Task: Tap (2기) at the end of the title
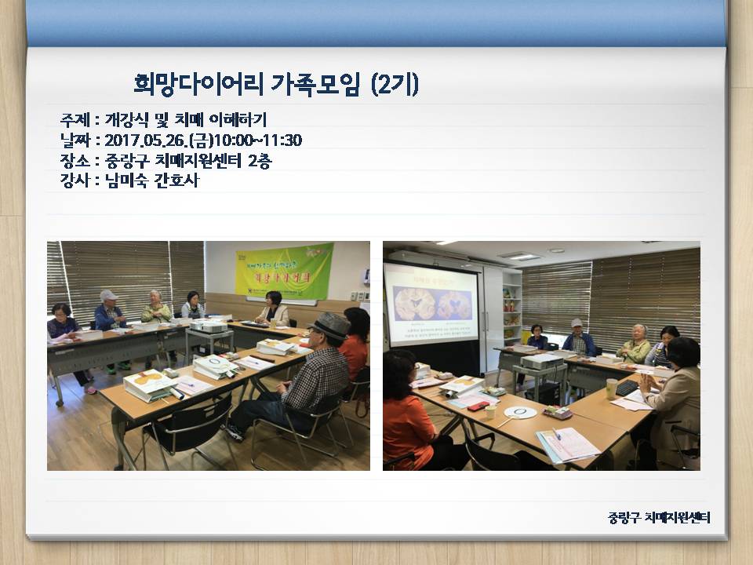pos(394,84)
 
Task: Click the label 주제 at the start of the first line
pos(73,120)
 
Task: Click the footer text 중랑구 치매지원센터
pos(659,517)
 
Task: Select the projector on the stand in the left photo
pos(209,326)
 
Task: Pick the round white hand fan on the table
pos(520,412)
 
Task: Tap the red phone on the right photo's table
pos(478,406)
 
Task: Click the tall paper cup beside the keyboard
pos(611,388)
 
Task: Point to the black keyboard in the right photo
pos(627,387)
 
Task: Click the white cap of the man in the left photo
pos(108,295)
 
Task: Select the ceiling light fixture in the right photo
pos(518,255)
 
